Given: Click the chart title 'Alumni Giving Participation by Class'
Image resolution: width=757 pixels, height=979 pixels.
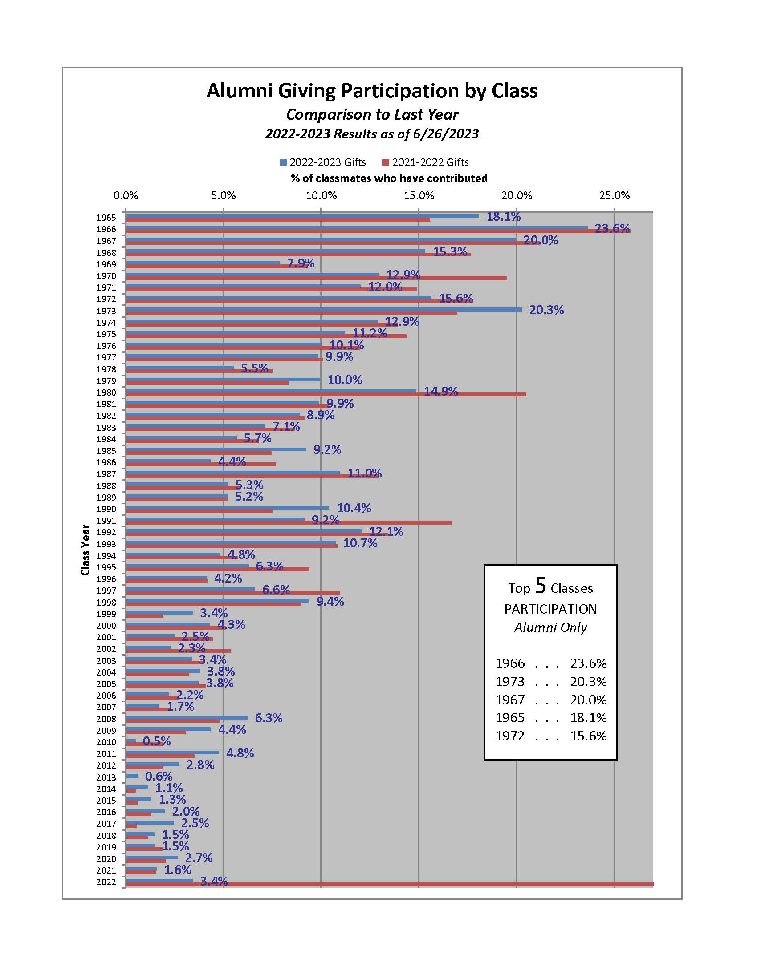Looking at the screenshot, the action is tap(372, 90).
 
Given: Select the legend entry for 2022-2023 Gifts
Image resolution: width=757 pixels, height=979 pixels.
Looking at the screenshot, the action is tap(322, 162).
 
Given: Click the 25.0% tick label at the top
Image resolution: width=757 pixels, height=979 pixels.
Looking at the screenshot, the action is tap(615, 195).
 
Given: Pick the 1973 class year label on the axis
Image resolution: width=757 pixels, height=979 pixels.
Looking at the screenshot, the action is tap(106, 311).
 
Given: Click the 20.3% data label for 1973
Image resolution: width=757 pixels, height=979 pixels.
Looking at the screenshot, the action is tap(546, 310).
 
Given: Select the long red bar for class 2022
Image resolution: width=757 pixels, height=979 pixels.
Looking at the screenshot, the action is tap(390, 884).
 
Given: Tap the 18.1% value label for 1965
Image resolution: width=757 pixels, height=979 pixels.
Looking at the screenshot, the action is tap(504, 217).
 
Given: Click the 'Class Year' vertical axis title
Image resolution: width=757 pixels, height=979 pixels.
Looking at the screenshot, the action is tap(85, 550).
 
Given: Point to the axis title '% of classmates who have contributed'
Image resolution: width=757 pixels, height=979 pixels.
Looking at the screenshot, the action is tap(389, 178).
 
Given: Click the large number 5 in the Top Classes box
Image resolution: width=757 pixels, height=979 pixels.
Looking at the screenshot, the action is tap(541, 586).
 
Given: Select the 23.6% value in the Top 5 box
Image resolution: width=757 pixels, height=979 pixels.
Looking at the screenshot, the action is tap(588, 663).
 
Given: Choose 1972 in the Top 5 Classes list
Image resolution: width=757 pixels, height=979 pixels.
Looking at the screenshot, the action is tap(510, 736).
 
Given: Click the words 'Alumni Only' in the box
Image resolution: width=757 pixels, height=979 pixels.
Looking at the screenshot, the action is tap(551, 627).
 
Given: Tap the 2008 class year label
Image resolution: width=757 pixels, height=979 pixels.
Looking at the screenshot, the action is tap(106, 719).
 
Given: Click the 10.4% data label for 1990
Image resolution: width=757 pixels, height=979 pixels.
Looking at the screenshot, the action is tap(354, 508).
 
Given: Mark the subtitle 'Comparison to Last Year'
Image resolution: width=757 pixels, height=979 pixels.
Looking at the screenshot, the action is tap(372, 114).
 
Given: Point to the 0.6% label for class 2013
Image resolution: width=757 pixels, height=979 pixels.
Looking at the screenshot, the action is tap(159, 776).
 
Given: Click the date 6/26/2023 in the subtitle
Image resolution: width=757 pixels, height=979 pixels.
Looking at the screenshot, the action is tap(444, 134).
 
